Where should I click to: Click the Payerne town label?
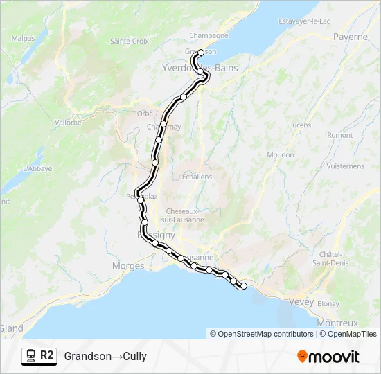pos(351,37)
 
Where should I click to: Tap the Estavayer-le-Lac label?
pos(304,21)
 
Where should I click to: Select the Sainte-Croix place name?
pos(130,42)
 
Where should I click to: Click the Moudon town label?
pos(281,154)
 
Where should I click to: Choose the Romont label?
pos(340,135)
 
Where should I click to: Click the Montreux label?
pos(337,323)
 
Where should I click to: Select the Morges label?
pos(128,266)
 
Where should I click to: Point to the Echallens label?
pos(197,177)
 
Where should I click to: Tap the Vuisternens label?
pos(344,166)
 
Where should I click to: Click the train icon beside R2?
pos(30,355)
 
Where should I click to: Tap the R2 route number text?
pos(47,355)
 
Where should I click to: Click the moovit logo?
pos(328,357)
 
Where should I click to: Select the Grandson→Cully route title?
pos(105,357)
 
